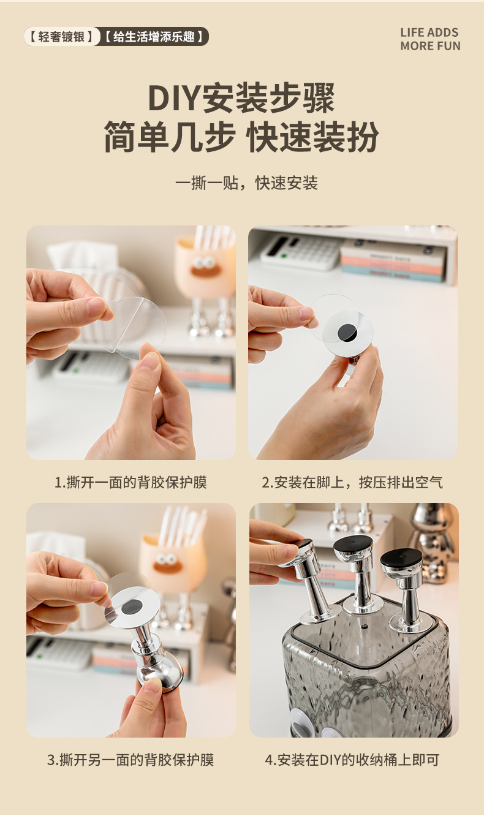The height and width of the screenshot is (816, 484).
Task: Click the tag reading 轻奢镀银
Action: click(61, 36)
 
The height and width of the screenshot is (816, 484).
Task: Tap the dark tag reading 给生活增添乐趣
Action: click(154, 36)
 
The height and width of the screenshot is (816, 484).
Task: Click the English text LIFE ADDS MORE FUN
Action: click(430, 39)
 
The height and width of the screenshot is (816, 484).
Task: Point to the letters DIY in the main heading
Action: click(175, 98)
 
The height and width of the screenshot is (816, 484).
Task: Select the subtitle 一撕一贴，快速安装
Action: click(246, 183)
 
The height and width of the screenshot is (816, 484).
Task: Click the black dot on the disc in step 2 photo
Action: click(346, 332)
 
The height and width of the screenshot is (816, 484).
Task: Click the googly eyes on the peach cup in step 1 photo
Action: click(204, 261)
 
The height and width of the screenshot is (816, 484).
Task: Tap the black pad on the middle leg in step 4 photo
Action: click(354, 544)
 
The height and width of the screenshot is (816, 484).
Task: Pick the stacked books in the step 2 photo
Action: click(394, 262)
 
